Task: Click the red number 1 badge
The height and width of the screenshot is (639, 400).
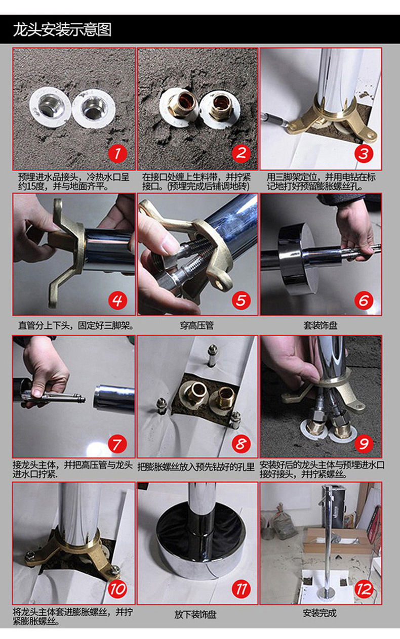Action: point(117,153)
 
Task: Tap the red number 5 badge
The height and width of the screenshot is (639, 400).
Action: point(241,301)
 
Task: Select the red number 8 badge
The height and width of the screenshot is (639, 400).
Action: point(241,444)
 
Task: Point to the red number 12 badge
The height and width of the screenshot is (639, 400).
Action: point(364,589)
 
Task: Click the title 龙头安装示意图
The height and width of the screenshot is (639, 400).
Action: point(62,30)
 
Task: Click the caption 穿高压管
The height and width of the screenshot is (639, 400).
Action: point(197,325)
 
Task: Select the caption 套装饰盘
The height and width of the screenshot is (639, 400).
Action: point(321,325)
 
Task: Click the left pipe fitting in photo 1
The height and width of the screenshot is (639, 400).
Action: point(50,107)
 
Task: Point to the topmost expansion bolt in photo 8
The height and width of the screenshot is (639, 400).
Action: point(212,356)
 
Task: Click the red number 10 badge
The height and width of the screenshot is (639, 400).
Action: point(117,589)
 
